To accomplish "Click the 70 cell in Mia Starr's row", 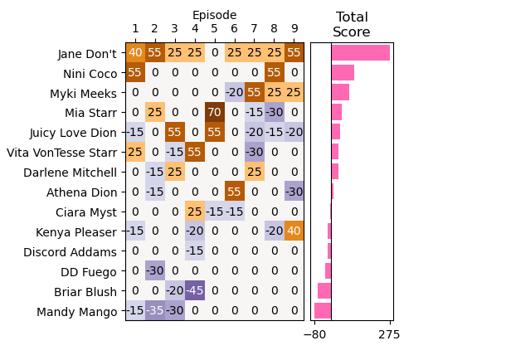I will click(x=215, y=113).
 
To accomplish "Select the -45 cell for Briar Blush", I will click(x=195, y=291).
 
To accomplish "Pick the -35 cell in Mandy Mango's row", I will click(x=155, y=311).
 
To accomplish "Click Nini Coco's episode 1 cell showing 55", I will click(x=135, y=73).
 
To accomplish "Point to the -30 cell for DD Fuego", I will click(x=155, y=271).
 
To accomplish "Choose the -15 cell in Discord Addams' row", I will click(x=195, y=251).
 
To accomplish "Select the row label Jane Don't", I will click(x=87, y=54).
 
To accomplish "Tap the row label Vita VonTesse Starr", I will click(x=62, y=153).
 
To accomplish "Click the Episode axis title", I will click(x=215, y=15).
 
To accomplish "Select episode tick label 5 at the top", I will click(x=215, y=30).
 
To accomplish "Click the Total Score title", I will click(x=351, y=25).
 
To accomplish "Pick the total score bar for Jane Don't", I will click(x=360, y=53).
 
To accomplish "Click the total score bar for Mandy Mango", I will click(x=323, y=311).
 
